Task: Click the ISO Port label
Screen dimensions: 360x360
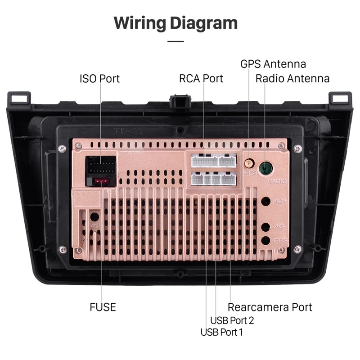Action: [99, 79]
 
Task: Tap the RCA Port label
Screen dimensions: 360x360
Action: [201, 79]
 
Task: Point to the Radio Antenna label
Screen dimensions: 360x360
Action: [292, 79]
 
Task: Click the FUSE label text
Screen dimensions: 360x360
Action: [103, 307]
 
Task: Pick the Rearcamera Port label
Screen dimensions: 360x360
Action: [270, 307]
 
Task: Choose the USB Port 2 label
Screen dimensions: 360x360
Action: [232, 320]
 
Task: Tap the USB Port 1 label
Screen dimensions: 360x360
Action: [222, 333]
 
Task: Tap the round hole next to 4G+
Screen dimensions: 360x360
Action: [266, 202]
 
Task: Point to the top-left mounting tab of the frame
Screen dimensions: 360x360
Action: [19, 98]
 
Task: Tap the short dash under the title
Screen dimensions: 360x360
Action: [175, 41]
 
